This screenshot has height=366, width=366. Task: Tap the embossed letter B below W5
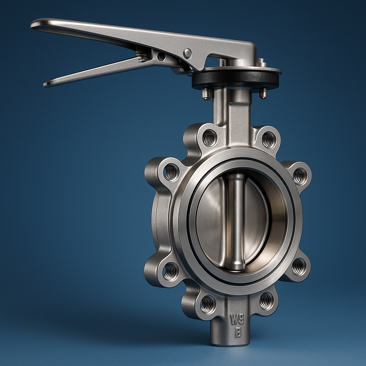click(x=238, y=333)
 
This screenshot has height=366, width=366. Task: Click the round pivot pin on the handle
click(x=187, y=53)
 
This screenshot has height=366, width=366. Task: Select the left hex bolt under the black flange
click(x=207, y=94)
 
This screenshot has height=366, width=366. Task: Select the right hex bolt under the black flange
click(x=263, y=93)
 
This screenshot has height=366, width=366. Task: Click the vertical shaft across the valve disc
click(x=236, y=222)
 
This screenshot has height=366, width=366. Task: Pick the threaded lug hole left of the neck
click(x=209, y=138)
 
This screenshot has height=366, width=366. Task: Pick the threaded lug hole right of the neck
click(x=268, y=140)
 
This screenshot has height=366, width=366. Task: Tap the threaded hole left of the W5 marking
click(x=208, y=304)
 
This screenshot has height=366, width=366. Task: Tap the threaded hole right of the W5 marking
click(x=267, y=301)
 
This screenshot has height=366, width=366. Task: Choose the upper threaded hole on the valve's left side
click(x=171, y=172)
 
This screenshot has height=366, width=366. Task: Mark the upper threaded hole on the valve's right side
click(x=299, y=176)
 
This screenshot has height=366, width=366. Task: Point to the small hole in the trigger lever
click(x=161, y=56)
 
